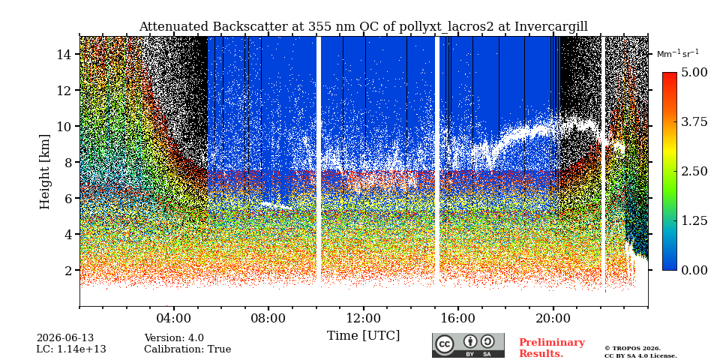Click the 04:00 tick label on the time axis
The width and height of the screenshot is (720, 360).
(x=173, y=318)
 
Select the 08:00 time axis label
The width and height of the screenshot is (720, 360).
(x=268, y=318)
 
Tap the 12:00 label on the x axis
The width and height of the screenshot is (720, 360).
(x=363, y=318)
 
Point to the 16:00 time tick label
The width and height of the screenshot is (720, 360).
(x=458, y=318)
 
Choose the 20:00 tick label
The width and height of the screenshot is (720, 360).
(x=553, y=318)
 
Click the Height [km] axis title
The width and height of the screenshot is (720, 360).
(x=44, y=172)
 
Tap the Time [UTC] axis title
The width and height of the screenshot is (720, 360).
(x=363, y=336)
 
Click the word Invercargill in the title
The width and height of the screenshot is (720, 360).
(x=551, y=27)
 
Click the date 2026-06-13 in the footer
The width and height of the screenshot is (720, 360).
(x=65, y=338)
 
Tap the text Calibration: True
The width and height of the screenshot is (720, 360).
(x=187, y=349)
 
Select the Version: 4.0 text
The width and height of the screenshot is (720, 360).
(x=174, y=338)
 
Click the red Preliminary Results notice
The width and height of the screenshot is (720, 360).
(x=552, y=348)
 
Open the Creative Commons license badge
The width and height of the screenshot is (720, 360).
(x=468, y=345)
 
